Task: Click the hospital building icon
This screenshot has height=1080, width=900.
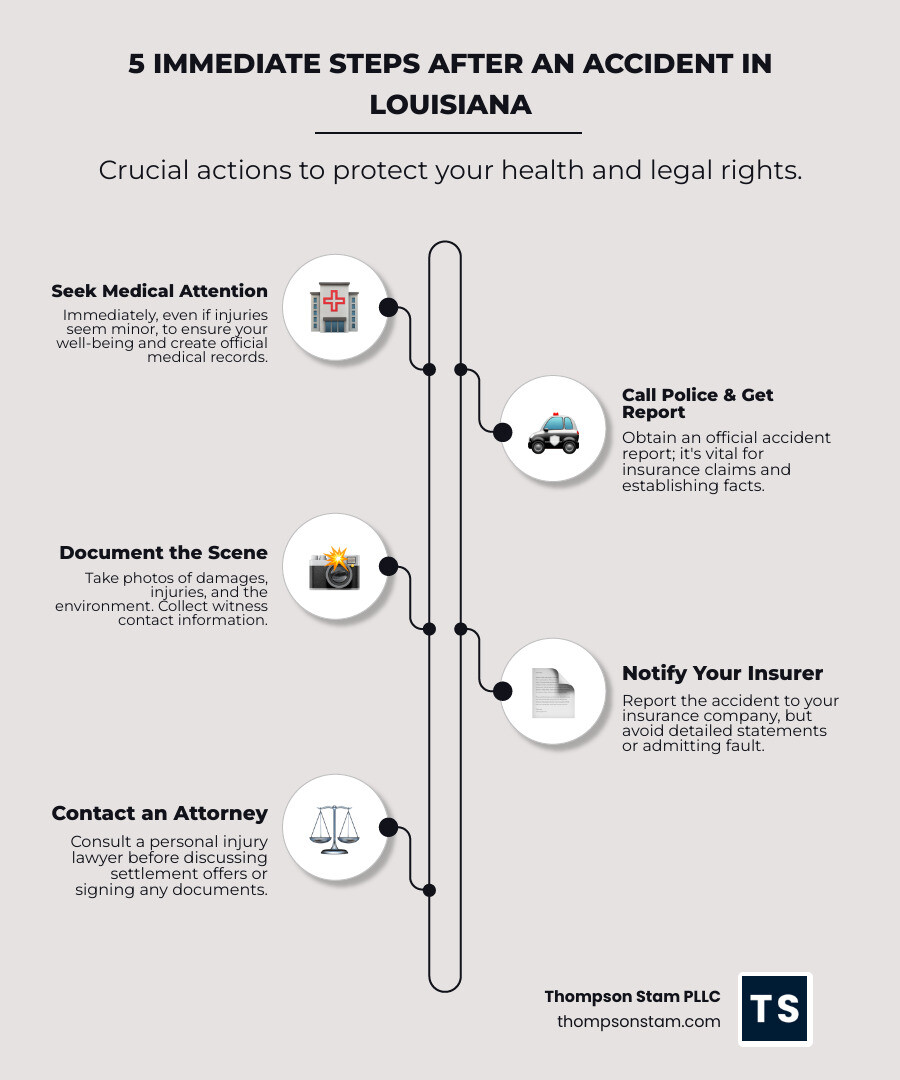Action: [x=334, y=308]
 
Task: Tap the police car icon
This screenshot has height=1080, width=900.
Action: [x=553, y=432]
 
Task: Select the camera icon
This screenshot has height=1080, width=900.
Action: [x=334, y=567]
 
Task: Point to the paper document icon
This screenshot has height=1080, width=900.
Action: [x=553, y=692]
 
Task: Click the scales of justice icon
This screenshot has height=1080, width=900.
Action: [x=334, y=828]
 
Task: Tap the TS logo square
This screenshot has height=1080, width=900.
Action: [x=775, y=1009]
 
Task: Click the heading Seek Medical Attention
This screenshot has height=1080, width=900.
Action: [x=160, y=291]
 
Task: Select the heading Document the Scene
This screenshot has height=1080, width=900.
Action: [x=163, y=552]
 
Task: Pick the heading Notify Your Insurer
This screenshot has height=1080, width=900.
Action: [x=722, y=673]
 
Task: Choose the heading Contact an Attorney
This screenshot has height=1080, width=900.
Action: [x=160, y=813]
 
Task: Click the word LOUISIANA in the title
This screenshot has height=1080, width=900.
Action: [x=450, y=104]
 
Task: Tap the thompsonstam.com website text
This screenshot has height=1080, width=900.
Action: [x=638, y=1021]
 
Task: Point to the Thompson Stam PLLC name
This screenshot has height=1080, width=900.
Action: [x=632, y=996]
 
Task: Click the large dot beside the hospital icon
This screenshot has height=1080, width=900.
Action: [x=388, y=307]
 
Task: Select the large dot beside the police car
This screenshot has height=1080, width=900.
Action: [x=503, y=432]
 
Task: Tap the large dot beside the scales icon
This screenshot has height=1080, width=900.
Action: [x=388, y=827]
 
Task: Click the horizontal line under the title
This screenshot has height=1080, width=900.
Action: [x=448, y=132]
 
